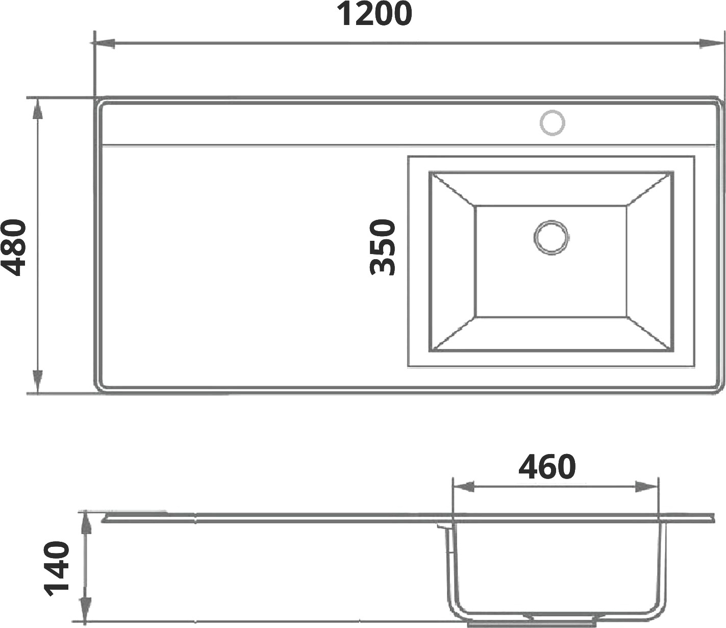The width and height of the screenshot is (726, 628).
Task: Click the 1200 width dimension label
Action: (374, 14)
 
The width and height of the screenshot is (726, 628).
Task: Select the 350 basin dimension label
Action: (383, 247)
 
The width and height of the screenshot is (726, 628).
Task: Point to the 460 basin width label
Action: (547, 467)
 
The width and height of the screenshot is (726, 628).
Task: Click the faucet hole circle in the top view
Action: (552, 123)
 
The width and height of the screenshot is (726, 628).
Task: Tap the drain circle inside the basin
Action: (551, 237)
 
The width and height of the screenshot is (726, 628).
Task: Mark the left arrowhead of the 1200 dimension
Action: (103, 44)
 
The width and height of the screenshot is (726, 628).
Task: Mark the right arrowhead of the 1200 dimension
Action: (710, 44)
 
